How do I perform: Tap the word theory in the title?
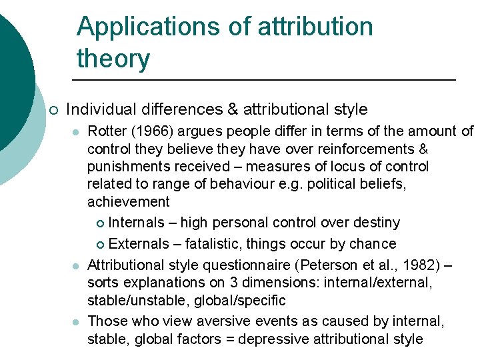tap(113, 59)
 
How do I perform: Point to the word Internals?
tap(136, 223)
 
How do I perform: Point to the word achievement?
tap(129, 201)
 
